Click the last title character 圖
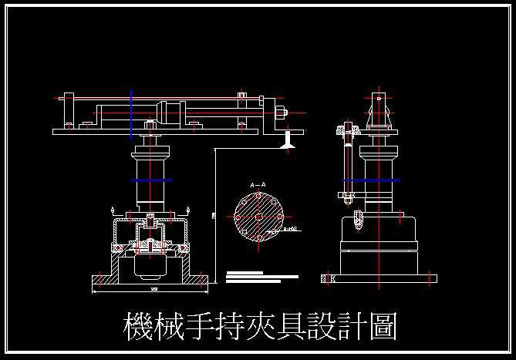(383, 327)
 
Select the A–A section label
(258, 185)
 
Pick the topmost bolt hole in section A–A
(258, 196)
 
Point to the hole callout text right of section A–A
(290, 230)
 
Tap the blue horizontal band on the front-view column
(150, 180)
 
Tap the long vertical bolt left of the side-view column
(346, 166)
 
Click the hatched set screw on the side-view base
(358, 220)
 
